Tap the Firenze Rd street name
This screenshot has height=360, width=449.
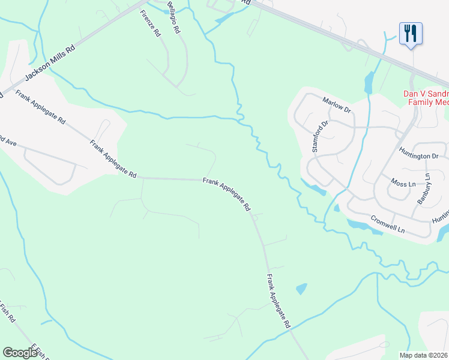(151, 24)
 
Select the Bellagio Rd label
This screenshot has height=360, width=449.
(174, 16)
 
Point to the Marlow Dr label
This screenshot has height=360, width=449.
(336, 104)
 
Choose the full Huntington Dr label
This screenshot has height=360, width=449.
(418, 156)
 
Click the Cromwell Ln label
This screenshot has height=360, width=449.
(388, 225)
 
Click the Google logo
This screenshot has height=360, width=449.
(20, 353)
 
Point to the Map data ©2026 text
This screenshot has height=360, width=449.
(424, 355)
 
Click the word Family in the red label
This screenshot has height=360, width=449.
(420, 103)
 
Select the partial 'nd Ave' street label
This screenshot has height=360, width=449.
(8, 143)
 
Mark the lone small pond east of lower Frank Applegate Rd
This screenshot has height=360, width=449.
(301, 289)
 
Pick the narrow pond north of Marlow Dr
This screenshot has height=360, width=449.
(368, 82)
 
